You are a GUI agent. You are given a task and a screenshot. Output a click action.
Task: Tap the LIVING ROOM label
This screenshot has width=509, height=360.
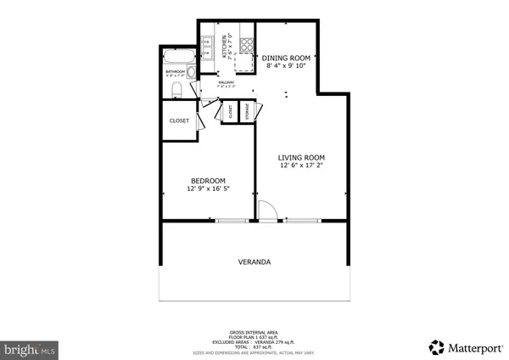(302, 158)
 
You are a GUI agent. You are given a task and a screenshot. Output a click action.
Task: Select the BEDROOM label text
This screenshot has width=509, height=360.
(208, 180)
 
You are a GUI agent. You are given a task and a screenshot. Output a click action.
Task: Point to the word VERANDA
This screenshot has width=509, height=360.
(254, 262)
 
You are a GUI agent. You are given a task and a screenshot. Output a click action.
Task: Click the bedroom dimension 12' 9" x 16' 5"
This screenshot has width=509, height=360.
(208, 188)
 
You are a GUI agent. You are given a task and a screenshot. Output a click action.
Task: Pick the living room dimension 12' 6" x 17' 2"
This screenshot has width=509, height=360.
(302, 166)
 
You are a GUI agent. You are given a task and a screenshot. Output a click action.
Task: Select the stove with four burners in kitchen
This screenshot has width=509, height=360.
(247, 42)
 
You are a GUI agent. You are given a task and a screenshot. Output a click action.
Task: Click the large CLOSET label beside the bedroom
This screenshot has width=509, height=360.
(179, 121)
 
